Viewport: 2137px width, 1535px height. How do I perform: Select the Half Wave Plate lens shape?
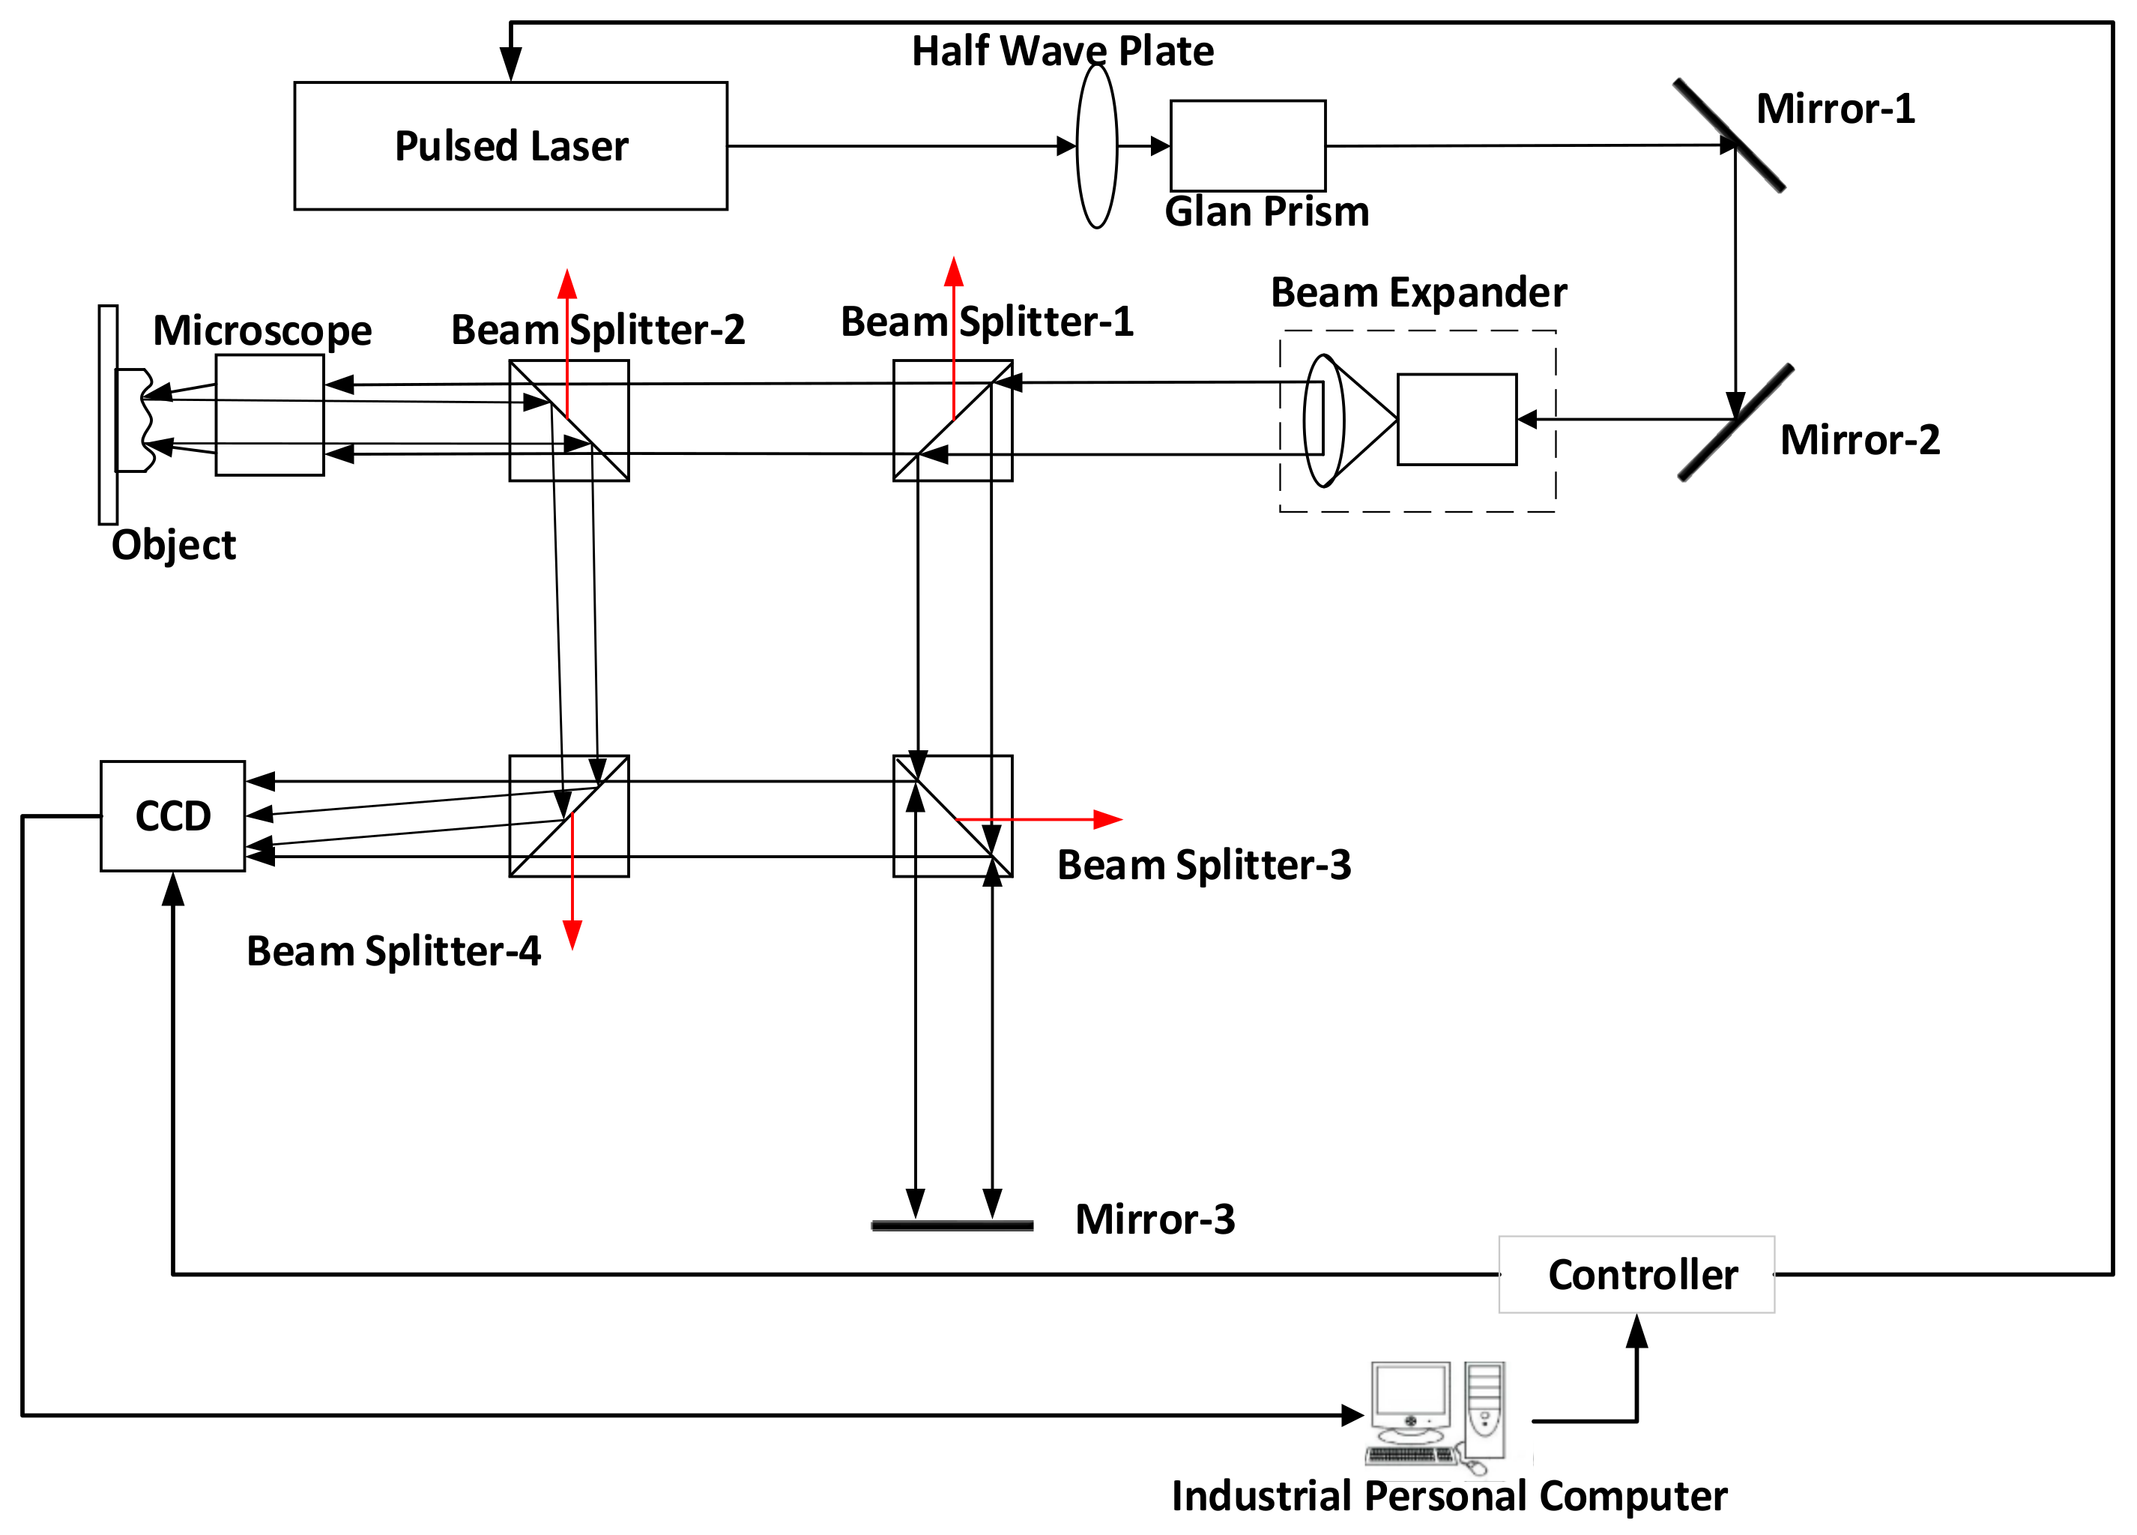point(1097,146)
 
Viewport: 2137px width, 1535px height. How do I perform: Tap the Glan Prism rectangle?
point(1248,146)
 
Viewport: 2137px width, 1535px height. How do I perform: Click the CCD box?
point(172,816)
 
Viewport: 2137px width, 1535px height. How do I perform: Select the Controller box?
point(1636,1274)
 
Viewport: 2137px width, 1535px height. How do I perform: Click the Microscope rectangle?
point(270,414)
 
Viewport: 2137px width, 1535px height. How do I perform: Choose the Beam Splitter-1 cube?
point(952,420)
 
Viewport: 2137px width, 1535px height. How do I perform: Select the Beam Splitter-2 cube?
point(569,420)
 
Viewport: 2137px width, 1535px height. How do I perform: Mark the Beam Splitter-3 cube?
point(952,816)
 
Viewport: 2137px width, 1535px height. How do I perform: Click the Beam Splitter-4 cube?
point(569,816)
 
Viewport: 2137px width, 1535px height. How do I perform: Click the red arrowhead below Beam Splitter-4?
point(572,935)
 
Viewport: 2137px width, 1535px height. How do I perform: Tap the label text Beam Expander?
point(1418,293)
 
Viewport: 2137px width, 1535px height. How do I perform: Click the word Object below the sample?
point(173,546)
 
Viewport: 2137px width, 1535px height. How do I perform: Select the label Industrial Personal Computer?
point(1448,1496)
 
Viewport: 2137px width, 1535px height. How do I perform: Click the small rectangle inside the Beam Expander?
point(1457,419)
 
